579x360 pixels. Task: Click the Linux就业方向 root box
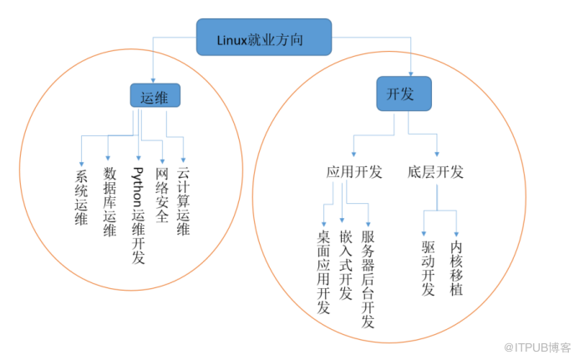coord(264,38)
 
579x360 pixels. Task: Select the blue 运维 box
coord(155,98)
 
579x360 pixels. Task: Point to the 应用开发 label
coord(353,173)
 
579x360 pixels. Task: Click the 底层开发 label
coord(436,173)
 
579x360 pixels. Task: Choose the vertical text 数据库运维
coord(109,202)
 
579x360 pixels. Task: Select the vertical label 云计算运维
coord(184,200)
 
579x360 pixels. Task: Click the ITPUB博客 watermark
coord(535,347)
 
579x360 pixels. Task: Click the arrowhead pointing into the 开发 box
coord(411,73)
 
